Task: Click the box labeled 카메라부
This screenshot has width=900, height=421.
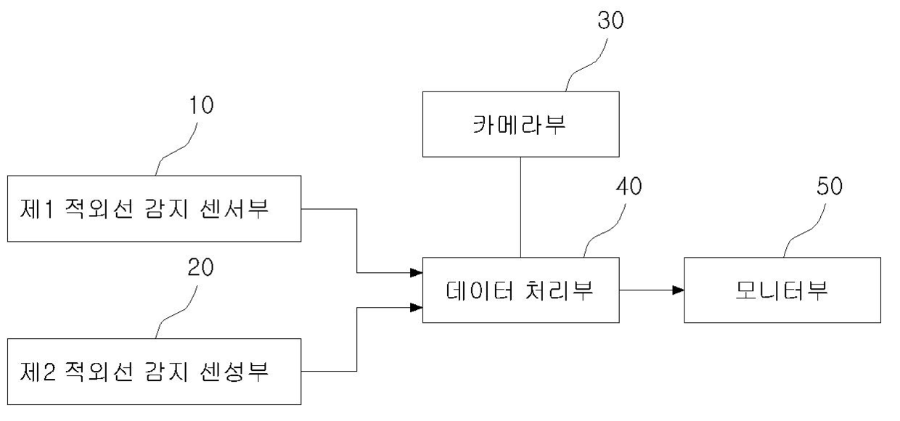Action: pos(521,124)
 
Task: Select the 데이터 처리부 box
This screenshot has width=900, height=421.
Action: pos(521,290)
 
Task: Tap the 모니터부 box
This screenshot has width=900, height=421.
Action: pos(782,290)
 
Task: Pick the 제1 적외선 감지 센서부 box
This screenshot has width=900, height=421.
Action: pos(154,208)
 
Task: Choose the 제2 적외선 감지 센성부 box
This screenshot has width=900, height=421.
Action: pos(154,372)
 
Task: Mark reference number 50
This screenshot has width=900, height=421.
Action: pos(826,187)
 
